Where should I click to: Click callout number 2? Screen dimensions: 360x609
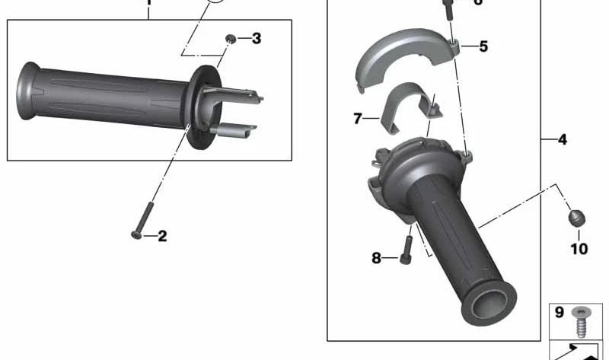point(162,236)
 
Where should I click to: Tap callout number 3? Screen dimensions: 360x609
point(256,38)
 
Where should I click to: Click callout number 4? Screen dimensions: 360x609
point(562,140)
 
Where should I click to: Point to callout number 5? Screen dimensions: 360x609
point(483,46)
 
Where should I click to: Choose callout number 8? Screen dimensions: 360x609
point(376,259)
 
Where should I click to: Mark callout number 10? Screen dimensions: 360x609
point(579,248)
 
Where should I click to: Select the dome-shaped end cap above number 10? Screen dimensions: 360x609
point(577,218)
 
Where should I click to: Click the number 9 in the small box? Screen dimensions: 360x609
point(558,311)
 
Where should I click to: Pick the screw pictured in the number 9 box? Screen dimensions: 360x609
point(582,319)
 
